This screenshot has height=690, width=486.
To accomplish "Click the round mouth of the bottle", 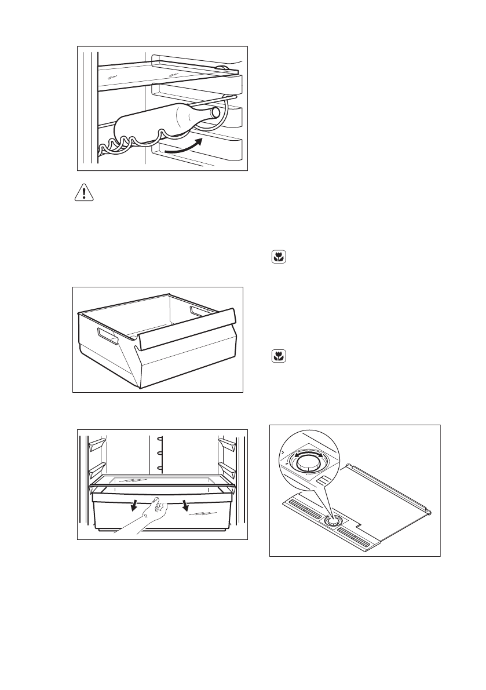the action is (216, 112).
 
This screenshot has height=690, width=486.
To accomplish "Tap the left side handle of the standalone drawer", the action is (107, 335).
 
